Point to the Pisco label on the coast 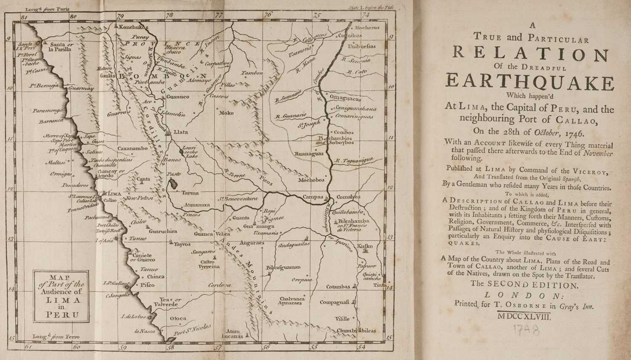tap(147, 285)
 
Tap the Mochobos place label tap(311, 180)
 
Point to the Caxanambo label tap(133, 148)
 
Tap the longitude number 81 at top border tap(24, 16)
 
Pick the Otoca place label tap(178, 318)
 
